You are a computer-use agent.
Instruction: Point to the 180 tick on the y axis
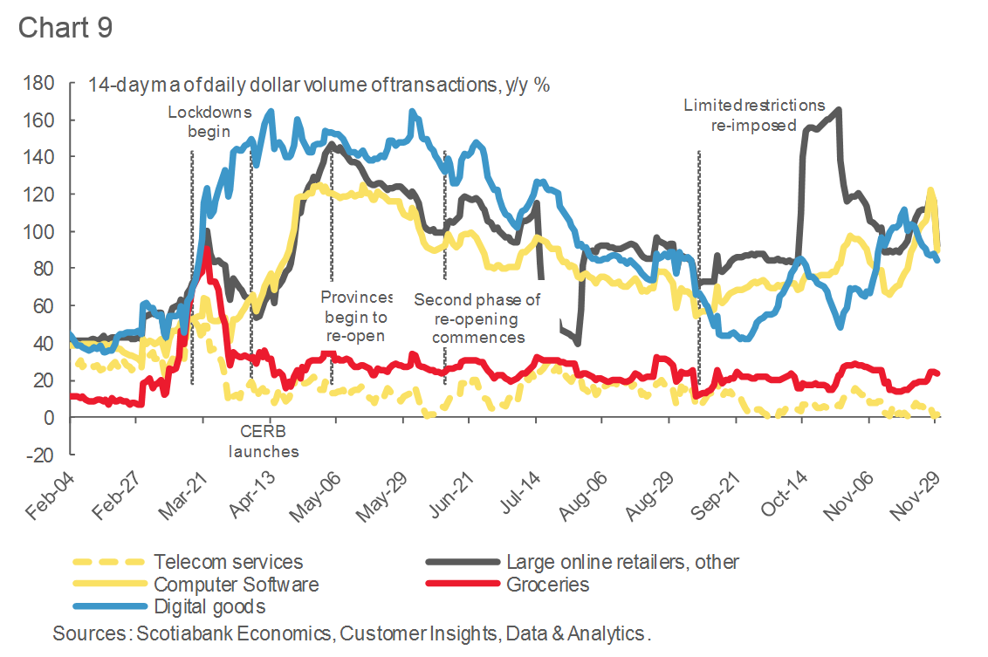coord(42,83)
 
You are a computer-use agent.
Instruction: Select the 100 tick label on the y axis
coord(42,232)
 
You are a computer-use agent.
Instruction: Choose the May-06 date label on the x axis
coord(317,494)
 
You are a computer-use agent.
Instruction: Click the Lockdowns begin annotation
coord(209,122)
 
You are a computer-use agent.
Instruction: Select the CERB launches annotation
coord(264,441)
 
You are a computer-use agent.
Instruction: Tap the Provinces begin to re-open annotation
coord(357,316)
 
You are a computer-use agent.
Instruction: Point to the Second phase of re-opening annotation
coord(477,318)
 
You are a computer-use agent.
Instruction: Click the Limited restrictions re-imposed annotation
coord(754,115)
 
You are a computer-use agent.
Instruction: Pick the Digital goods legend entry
coord(209,606)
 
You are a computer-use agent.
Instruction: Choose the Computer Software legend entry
coord(236,584)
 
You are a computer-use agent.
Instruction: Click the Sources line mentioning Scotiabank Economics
coord(351,631)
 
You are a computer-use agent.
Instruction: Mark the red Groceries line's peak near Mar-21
coord(206,249)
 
